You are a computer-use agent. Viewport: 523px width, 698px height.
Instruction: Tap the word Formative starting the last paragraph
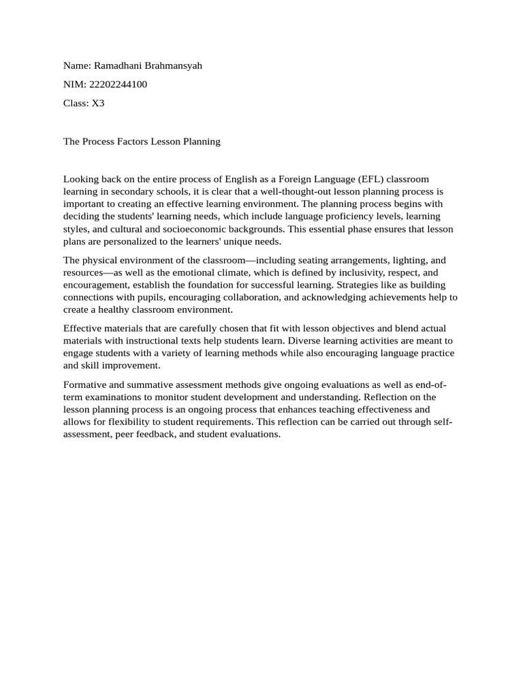(85, 384)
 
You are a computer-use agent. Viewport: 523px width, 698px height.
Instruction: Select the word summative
(153, 384)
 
